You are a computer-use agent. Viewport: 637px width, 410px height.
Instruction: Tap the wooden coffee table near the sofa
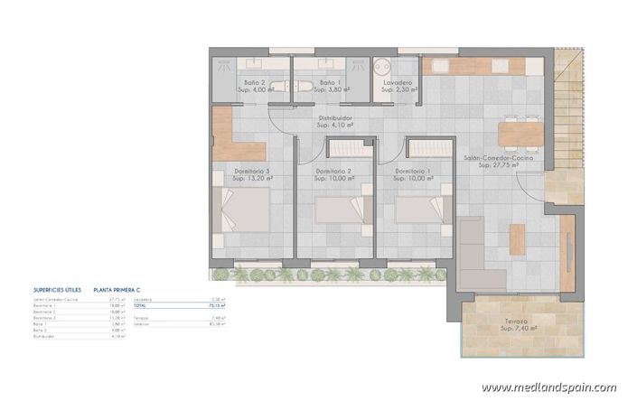517,239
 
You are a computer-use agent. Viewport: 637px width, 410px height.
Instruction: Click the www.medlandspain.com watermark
548,388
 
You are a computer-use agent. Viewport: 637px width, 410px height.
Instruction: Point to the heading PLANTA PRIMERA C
118,291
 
